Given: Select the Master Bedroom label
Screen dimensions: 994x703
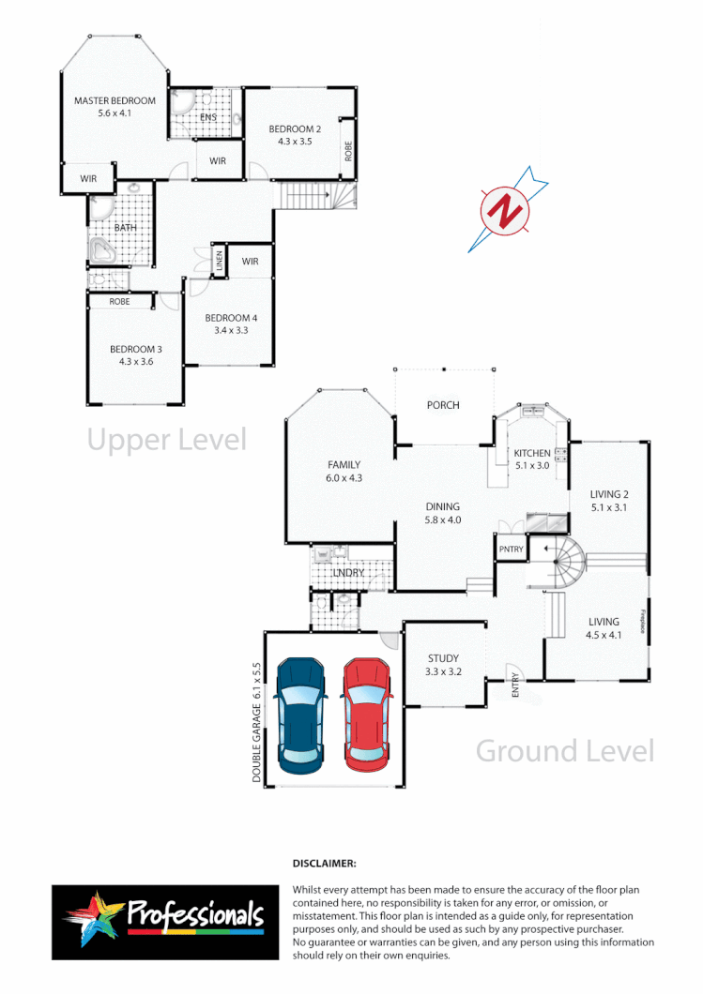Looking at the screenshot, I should [x=115, y=100].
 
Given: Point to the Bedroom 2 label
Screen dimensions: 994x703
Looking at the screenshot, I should [x=295, y=128].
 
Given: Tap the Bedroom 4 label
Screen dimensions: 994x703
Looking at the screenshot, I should [x=231, y=318].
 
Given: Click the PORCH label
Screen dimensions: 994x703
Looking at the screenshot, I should [x=443, y=405].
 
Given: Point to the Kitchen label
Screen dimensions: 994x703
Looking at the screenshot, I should [x=532, y=453].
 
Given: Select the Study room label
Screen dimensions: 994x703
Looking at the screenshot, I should [x=442, y=658].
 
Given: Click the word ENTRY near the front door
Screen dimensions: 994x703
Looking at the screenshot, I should [x=515, y=686].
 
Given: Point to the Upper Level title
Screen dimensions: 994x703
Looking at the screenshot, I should [x=166, y=439].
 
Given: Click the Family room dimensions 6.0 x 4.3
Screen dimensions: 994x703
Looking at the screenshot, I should [x=344, y=478].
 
